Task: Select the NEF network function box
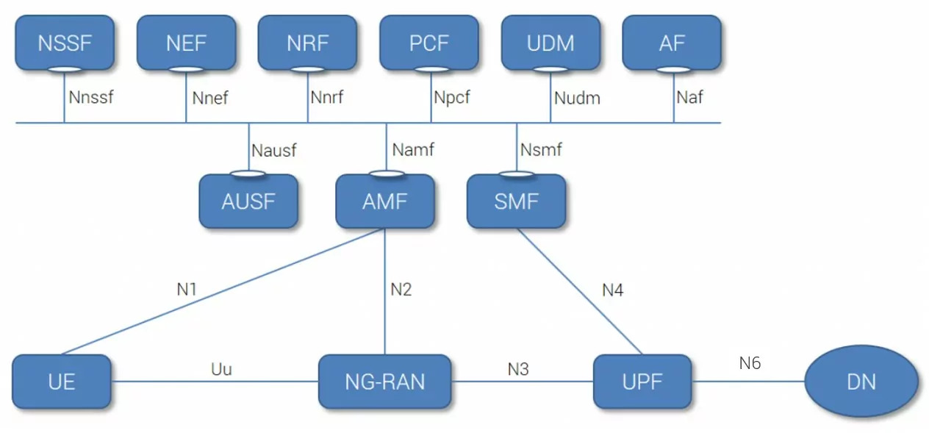pyautogui.click(x=186, y=43)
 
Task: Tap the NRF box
pyautogui.click(x=307, y=43)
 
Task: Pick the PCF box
pyautogui.click(x=428, y=43)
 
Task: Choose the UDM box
pyautogui.click(x=550, y=43)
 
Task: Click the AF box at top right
pyautogui.click(x=672, y=43)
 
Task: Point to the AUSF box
pyautogui.click(x=248, y=201)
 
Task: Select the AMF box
pyautogui.click(x=385, y=201)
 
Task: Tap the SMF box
pyautogui.click(x=516, y=201)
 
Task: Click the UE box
pyautogui.click(x=62, y=382)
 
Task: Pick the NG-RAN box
pyautogui.click(x=385, y=382)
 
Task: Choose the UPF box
pyautogui.click(x=642, y=382)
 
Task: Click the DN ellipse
pyautogui.click(x=861, y=382)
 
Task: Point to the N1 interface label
pyautogui.click(x=187, y=289)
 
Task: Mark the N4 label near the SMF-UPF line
pyautogui.click(x=612, y=290)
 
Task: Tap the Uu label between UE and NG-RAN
pyautogui.click(x=221, y=369)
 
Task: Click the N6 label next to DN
pyautogui.click(x=750, y=362)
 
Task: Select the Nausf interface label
pyautogui.click(x=274, y=151)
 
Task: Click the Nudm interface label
pyautogui.click(x=577, y=97)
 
